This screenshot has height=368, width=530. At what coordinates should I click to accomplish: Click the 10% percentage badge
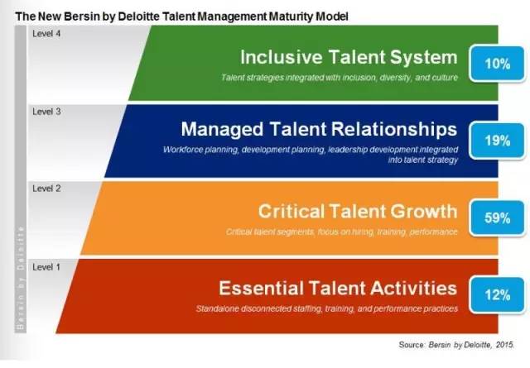pos(497,64)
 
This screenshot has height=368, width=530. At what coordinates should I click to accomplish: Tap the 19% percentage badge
pos(497,140)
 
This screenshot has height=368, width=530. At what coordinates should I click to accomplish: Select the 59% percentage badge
pos(497,217)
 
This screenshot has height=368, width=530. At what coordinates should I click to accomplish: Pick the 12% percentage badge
pos(497,294)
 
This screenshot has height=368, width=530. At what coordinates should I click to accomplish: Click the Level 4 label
pos(46,33)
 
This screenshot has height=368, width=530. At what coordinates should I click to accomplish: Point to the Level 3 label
pos(46,112)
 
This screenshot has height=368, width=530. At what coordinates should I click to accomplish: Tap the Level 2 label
pos(46,189)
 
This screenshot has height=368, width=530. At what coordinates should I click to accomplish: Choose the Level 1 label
pos(46,267)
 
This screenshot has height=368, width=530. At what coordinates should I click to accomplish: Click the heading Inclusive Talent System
pos(349,57)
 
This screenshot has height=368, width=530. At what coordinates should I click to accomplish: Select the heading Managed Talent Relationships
pos(319,129)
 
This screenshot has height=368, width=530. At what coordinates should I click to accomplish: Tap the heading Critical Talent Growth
pos(358,211)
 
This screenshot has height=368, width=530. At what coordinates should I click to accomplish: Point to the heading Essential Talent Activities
pos(338,288)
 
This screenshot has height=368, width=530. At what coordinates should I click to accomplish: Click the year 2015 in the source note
pos(505,345)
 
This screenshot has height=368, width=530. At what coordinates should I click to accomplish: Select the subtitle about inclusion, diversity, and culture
pos(340,78)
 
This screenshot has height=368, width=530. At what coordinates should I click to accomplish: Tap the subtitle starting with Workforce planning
pos(311,155)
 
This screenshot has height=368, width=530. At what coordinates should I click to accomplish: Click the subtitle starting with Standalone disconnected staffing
pos(327,308)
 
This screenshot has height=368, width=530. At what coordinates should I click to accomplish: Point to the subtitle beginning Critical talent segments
pos(341,232)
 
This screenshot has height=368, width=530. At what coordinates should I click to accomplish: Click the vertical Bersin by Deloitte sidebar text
pos(20,278)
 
